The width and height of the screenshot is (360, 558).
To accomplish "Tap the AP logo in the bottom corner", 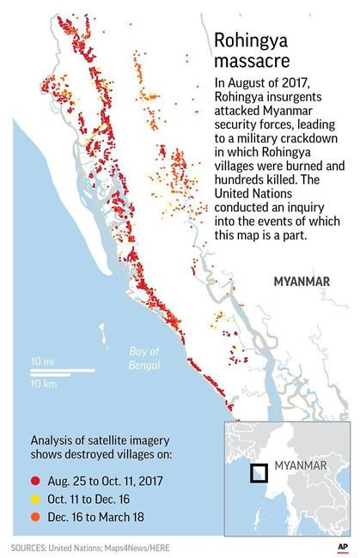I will (342, 546).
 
